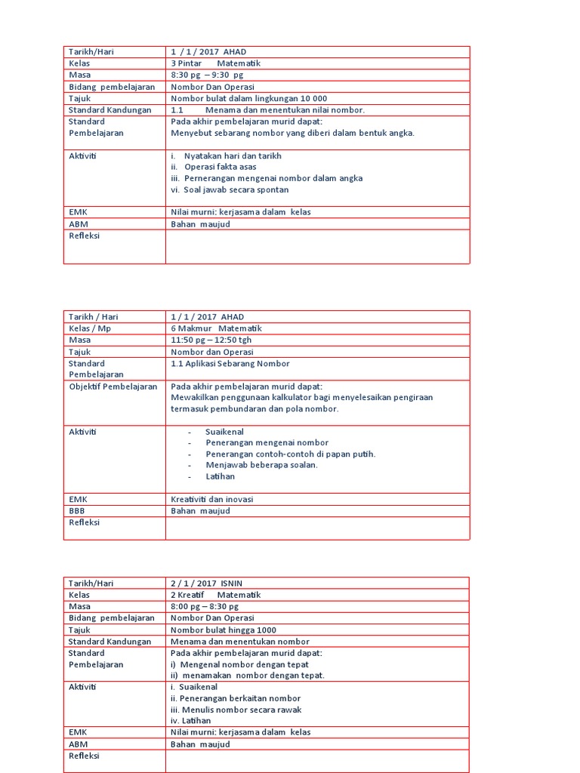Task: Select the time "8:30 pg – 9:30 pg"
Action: point(207,75)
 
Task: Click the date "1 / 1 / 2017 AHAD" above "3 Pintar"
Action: point(208,52)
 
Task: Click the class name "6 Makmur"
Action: point(190,328)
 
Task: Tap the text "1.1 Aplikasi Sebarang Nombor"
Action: point(230,363)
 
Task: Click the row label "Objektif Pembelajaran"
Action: point(113,386)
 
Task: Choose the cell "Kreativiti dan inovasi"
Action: point(212,499)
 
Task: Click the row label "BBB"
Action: point(77,510)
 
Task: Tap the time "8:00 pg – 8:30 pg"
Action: point(205,606)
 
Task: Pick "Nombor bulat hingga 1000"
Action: point(224,630)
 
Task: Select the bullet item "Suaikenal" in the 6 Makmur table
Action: point(224,431)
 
